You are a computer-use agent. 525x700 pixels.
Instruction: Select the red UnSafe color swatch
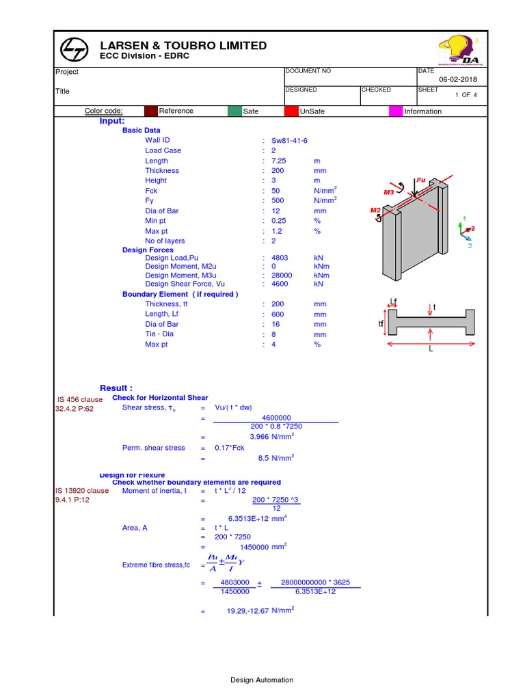pos(291,111)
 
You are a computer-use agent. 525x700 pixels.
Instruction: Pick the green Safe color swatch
pos(234,111)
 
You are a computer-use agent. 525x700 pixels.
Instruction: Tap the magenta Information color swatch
pos(395,111)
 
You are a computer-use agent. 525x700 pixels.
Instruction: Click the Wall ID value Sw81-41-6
pos(289,140)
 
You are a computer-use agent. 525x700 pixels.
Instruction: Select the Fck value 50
pos(275,191)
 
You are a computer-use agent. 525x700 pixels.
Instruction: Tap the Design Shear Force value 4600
pos(280,284)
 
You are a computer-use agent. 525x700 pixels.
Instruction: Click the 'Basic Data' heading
pos(142,130)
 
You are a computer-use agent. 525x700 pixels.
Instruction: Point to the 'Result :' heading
pos(116,388)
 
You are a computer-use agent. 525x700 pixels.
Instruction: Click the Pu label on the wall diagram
pos(421,180)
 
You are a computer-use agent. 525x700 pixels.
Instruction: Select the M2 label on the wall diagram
pos(375,210)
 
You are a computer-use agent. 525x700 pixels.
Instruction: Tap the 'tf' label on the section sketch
pos(381,323)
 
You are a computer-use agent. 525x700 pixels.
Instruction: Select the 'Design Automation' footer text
pos(262,679)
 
